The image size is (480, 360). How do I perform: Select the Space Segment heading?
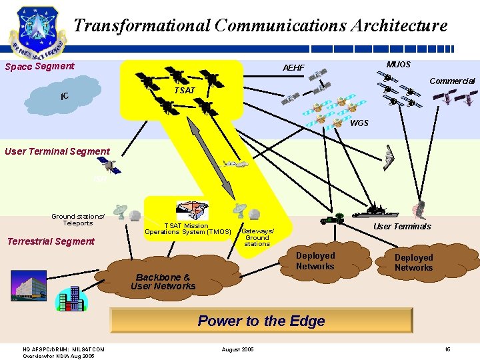39,66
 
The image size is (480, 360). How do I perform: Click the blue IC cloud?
65,97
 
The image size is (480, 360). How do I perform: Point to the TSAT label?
185,90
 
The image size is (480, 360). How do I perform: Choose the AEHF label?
293,68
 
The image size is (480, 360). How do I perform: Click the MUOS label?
399,65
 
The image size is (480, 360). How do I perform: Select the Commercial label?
452,81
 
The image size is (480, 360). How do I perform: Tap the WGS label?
359,123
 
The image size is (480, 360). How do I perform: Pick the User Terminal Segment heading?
57,151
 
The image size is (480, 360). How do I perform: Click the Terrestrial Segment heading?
51,241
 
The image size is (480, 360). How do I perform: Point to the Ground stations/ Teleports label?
78,219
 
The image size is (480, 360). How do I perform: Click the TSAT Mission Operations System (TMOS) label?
187,229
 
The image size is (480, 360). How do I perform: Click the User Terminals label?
402,227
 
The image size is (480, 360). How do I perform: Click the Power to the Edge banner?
261,321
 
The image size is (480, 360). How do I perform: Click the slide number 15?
447,349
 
